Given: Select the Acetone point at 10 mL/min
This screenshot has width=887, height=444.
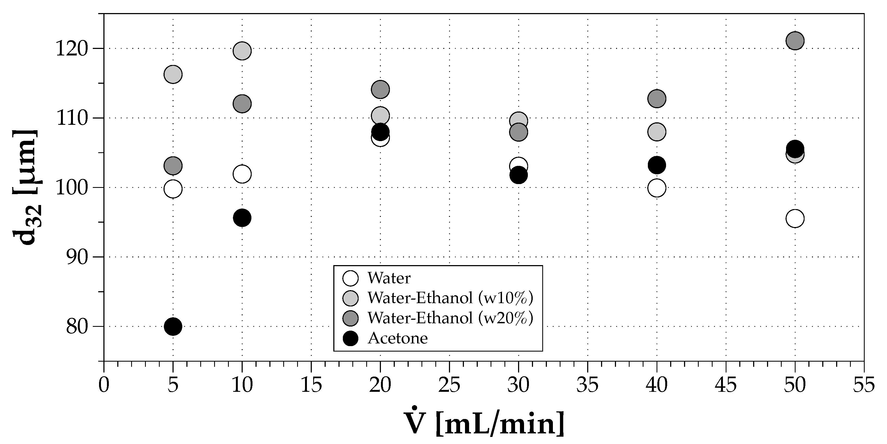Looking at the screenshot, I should pos(242,218).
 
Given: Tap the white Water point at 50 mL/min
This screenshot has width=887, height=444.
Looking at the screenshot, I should pos(795,219).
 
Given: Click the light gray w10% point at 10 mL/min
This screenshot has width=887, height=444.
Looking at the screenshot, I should pos(242,51).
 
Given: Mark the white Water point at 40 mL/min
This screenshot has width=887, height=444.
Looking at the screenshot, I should pos(657,188).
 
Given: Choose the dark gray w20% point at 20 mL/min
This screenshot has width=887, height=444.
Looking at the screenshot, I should pos(380,89).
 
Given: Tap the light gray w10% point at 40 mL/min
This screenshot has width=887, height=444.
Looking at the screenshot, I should pos(657,132).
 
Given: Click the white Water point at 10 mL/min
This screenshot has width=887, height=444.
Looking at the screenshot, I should pos(242,174).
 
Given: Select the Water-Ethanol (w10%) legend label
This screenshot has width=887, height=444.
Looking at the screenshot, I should pos(450,298).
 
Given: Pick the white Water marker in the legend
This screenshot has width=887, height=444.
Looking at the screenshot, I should pos(350,278).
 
